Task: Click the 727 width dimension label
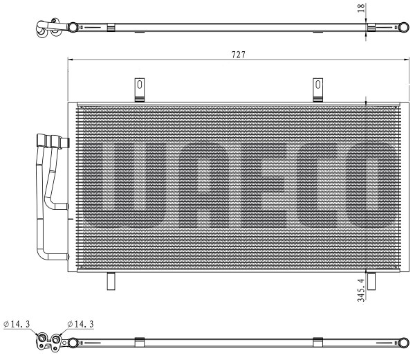239,55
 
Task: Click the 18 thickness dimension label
361,8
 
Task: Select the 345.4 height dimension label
361,290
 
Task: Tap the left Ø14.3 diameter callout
17,324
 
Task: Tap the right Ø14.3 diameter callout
80,324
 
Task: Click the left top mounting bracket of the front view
140,90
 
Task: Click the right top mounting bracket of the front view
317,90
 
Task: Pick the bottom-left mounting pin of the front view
111,281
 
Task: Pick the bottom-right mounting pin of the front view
371,281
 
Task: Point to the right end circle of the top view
404,27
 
